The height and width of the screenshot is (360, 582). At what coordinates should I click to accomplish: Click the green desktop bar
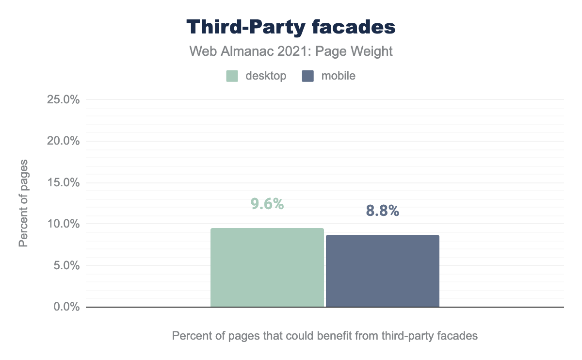267,267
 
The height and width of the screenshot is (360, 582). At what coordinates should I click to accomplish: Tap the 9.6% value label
267,204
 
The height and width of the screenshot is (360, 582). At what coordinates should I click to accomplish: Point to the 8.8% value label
382,211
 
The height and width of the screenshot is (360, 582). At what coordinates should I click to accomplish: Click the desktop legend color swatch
232,76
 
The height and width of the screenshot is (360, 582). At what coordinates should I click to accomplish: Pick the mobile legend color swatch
307,76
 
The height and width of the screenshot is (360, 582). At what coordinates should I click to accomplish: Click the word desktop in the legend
266,76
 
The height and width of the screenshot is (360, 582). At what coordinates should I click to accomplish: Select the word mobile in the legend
338,76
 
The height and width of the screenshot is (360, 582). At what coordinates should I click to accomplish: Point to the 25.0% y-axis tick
63,100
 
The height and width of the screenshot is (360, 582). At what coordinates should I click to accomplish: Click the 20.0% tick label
63,141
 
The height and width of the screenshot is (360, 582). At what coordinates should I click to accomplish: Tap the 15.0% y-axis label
63,182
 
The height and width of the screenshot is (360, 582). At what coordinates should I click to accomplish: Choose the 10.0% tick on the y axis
63,224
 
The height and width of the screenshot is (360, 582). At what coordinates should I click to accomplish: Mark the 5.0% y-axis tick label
65,265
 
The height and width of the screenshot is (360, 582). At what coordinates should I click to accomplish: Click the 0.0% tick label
65,307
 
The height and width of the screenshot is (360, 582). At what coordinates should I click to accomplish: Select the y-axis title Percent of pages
23,203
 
